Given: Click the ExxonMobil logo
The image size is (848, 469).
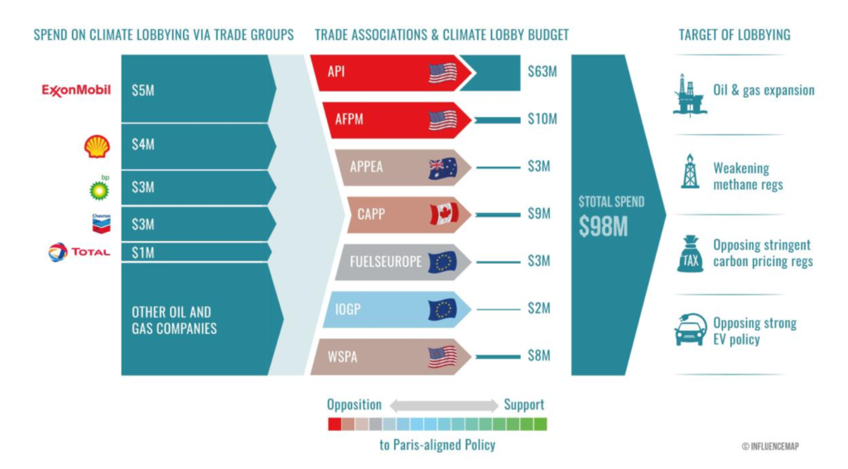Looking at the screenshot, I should pyautogui.click(x=76, y=89).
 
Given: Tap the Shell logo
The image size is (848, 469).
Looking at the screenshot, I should pyautogui.click(x=97, y=147).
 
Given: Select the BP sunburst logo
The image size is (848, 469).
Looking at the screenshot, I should pyautogui.click(x=99, y=189).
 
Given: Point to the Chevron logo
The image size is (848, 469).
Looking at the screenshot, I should pyautogui.click(x=101, y=223).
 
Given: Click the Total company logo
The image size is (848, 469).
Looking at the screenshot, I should pyautogui.click(x=79, y=252).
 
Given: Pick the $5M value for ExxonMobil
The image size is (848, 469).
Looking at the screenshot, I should pyautogui.click(x=142, y=90).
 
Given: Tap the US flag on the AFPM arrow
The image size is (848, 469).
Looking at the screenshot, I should pyautogui.click(x=442, y=120).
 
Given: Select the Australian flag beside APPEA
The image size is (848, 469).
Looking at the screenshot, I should pyautogui.click(x=442, y=167).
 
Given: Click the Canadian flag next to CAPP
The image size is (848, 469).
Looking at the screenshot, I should pyautogui.click(x=444, y=215).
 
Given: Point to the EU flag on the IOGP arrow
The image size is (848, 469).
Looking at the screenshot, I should pyautogui.click(x=442, y=310).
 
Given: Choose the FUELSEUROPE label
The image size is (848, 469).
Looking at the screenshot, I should pyautogui.click(x=384, y=262).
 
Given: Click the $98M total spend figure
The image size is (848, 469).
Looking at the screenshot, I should pyautogui.click(x=603, y=227).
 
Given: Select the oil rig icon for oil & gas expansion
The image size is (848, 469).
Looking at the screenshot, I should pyautogui.click(x=689, y=94).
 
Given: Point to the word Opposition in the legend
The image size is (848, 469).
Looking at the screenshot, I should pyautogui.click(x=354, y=405).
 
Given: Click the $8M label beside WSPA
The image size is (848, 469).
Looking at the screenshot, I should pyautogui.click(x=538, y=356).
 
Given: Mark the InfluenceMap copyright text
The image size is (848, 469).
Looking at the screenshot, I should pyautogui.click(x=770, y=446).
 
